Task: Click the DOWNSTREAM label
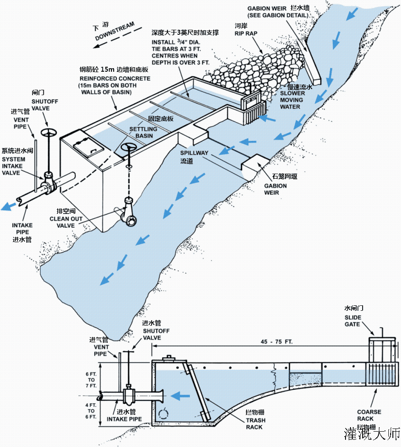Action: click(115, 35)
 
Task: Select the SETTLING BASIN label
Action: click(143, 132)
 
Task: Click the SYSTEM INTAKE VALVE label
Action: click(14, 166)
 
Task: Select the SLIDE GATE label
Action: click(353, 321)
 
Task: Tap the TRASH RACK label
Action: click(255, 424)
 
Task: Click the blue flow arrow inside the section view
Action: click(181, 396)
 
